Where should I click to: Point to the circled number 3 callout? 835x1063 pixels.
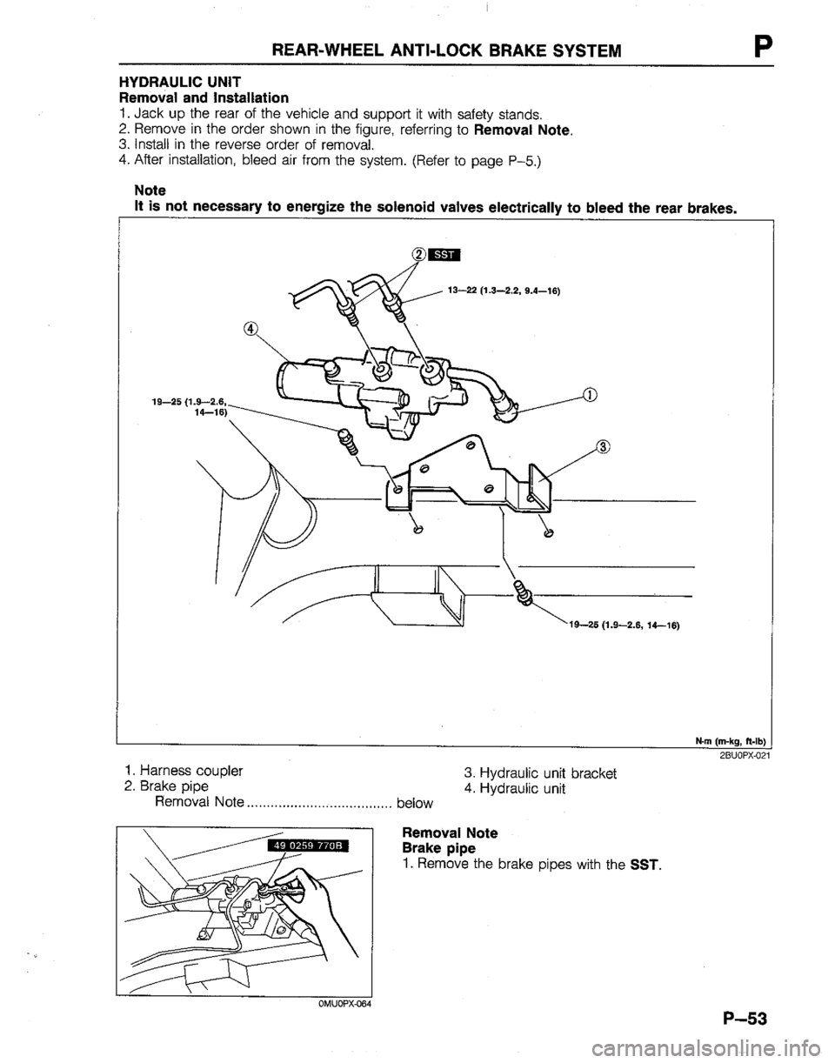[x=605, y=448]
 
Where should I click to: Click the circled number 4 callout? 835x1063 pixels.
[x=251, y=329]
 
